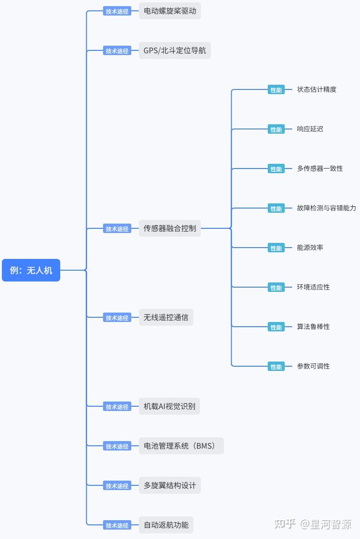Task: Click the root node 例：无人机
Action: [31, 270]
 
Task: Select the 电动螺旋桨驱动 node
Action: [170, 11]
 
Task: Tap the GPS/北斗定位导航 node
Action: [175, 50]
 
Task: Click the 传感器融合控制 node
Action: [170, 228]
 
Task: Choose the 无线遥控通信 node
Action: [166, 317]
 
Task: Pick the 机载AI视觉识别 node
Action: [169, 406]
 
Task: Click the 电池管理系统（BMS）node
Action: [181, 446]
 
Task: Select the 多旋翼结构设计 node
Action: [170, 485]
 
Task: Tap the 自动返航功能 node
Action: [166, 525]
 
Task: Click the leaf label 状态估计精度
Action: [316, 89]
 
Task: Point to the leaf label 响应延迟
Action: [310, 129]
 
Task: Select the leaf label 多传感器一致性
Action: [320, 169]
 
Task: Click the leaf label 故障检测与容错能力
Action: [326, 208]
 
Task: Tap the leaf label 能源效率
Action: [310, 248]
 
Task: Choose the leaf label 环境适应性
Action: [313, 287]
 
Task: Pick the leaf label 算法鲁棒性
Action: [313, 327]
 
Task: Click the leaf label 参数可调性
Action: [313, 366]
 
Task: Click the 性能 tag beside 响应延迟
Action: [276, 129]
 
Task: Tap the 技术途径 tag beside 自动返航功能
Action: [117, 525]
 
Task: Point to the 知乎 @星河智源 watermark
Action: [312, 523]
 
